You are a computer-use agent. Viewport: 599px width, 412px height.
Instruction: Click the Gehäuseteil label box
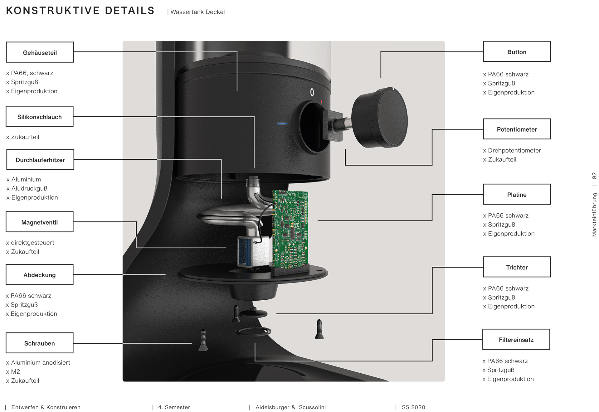[x=40, y=52]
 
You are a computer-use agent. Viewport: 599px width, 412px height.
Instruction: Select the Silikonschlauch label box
[x=40, y=117]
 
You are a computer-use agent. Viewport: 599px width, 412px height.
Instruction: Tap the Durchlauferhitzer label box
[x=40, y=160]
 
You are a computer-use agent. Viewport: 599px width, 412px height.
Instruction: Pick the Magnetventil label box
[x=40, y=222]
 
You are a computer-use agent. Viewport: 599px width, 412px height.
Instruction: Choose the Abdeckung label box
[x=40, y=275]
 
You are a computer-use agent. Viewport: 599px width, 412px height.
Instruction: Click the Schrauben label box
[x=40, y=343]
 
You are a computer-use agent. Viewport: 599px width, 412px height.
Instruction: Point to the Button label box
[x=517, y=52]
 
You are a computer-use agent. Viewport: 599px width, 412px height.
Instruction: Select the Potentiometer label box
[x=517, y=129]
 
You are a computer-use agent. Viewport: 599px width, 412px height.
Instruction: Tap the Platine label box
[x=517, y=194]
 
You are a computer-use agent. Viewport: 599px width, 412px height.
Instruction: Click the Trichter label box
[x=517, y=267]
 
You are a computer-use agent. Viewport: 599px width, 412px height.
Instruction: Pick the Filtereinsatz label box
[x=516, y=339]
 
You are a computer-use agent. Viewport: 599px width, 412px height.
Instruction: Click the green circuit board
[x=290, y=229]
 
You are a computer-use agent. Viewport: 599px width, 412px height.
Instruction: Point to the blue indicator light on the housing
[x=282, y=124]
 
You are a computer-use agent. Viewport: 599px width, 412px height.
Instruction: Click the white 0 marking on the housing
[x=312, y=92]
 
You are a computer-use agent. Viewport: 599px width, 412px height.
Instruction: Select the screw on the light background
[x=319, y=329]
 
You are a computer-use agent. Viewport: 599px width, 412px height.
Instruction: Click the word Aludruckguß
[x=29, y=188]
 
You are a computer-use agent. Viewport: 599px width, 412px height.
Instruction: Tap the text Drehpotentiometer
[x=514, y=150]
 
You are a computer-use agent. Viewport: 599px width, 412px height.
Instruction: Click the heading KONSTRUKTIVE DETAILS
[x=80, y=11]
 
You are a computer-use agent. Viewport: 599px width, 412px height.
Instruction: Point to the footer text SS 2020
[x=413, y=407]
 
